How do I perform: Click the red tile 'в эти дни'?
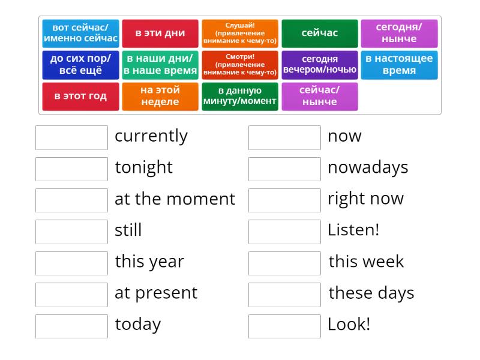click(160, 34)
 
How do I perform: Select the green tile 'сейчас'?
click(320, 34)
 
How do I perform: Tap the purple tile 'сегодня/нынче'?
click(399, 34)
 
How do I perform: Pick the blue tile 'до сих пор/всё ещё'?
click(80, 65)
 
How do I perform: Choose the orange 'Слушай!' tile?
click(240, 34)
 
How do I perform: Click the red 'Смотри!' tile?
click(240, 65)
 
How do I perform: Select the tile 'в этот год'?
click(80, 97)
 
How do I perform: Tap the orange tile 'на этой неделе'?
click(160, 97)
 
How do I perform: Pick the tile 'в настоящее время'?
click(399, 65)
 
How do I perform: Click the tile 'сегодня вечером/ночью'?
click(320, 65)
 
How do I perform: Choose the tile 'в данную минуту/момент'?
click(240, 97)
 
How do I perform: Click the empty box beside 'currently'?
click(71, 137)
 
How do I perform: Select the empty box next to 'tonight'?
click(71, 169)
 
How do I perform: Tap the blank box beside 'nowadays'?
click(284, 169)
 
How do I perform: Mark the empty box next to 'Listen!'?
click(284, 232)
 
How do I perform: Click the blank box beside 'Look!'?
click(284, 326)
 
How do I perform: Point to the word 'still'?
click(128, 230)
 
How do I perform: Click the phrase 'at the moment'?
click(175, 199)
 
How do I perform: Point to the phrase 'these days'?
click(371, 293)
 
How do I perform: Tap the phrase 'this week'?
click(366, 262)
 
